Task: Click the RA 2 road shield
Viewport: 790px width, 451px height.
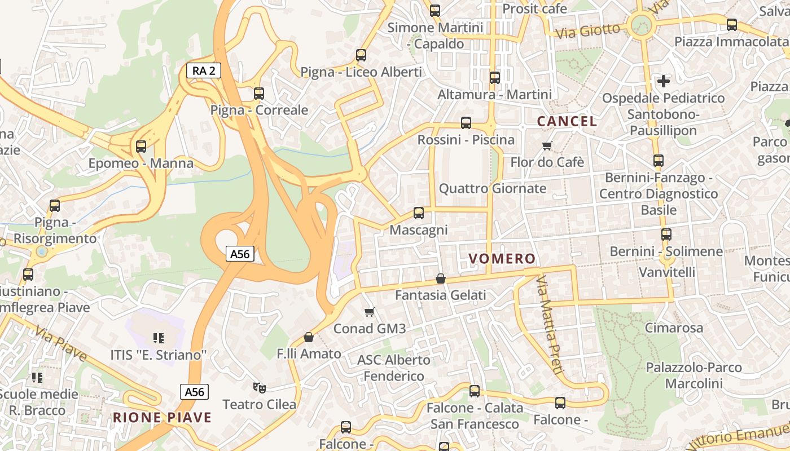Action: point(204,70)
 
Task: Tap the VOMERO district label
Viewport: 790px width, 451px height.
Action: point(502,259)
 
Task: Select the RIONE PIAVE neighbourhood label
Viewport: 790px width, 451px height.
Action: point(163,418)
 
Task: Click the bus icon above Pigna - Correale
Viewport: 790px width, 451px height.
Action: point(259,93)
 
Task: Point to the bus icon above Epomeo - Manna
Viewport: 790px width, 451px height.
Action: point(141,147)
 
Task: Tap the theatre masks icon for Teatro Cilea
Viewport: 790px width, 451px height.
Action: point(260,387)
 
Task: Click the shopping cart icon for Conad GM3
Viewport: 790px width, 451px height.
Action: point(370,312)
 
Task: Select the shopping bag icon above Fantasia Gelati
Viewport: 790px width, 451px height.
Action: point(441,278)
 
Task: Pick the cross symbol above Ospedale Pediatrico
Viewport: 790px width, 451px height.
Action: point(664,81)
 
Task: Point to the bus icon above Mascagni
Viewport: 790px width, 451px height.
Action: point(418,213)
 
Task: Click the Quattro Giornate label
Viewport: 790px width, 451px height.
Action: point(493,188)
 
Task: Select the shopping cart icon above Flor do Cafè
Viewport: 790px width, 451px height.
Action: point(547,146)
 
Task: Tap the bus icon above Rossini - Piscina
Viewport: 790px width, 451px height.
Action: point(466,122)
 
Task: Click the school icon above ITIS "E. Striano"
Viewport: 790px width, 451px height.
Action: point(159,338)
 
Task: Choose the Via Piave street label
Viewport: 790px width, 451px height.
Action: point(60,343)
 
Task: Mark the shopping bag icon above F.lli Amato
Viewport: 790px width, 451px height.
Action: point(309,337)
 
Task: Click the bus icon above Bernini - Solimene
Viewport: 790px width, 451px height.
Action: point(666,234)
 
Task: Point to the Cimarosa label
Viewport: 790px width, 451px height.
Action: point(674,328)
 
